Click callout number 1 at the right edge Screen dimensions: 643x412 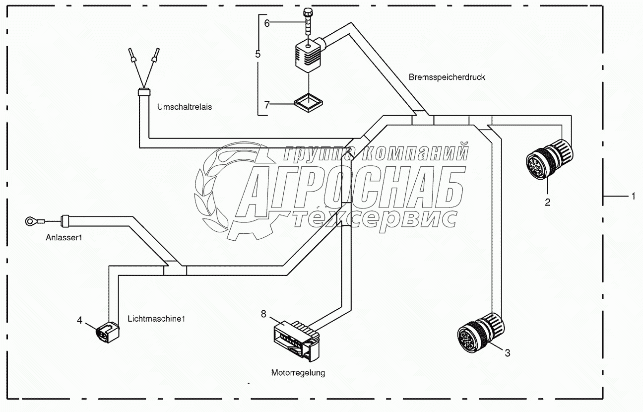pos(633,197)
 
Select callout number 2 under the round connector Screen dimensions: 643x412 pos(547,202)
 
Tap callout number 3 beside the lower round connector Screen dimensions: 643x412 pos(507,353)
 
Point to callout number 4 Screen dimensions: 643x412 pos(79,320)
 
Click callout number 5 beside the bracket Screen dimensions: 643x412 pos(257,54)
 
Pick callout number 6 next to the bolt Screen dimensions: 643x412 pos(266,23)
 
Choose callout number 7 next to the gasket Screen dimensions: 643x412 pos(266,104)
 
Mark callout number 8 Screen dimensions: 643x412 pos(263,313)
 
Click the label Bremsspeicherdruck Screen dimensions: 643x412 pos(447,77)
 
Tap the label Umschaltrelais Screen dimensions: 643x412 pos(185,107)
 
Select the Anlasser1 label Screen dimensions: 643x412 pos(63,238)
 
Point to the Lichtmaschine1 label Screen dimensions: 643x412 pos(156,318)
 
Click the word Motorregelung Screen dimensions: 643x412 pos(298,372)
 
